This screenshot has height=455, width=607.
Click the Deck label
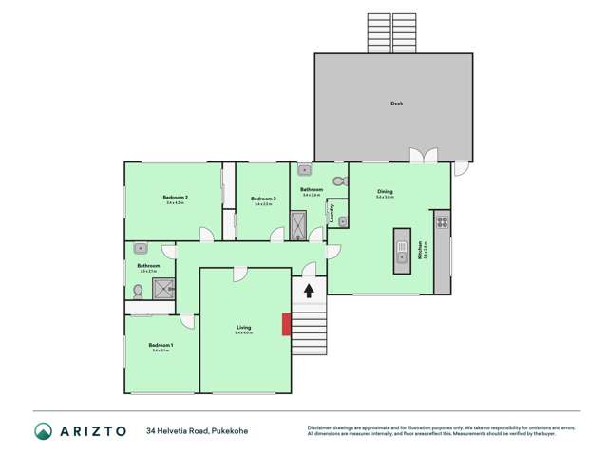point(396,104)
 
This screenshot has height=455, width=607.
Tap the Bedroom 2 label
point(176,197)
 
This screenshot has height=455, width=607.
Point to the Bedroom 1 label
point(160,345)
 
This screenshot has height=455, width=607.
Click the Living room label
point(244,328)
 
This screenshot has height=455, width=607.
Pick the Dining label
point(385,191)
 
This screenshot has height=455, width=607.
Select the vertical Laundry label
point(332,212)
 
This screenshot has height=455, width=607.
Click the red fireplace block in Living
point(286,324)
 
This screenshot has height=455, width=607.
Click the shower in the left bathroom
point(163,288)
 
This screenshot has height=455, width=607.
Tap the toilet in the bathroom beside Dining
point(339,180)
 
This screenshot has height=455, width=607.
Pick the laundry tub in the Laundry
point(342,221)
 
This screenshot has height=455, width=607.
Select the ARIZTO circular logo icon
point(43,430)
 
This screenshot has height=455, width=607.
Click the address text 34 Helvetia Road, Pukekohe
point(197,430)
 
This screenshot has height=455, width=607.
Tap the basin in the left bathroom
point(140,247)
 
